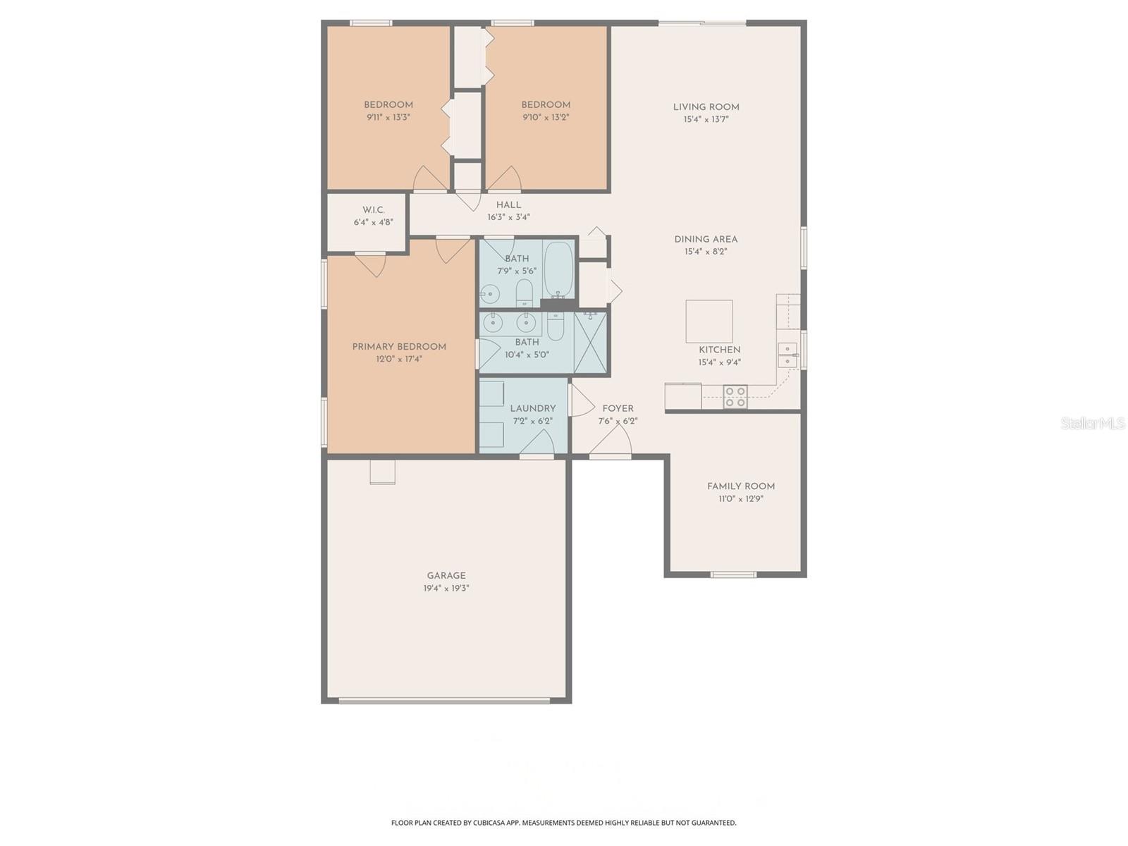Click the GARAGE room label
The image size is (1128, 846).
coord(446,575)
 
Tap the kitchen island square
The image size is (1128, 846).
coord(709,321)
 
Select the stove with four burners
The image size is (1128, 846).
coord(735,397)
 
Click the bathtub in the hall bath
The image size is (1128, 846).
coord(558,270)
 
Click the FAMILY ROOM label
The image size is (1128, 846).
coord(740,486)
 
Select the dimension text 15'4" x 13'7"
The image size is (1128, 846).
coord(705,120)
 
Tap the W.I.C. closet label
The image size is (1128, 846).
coord(373,210)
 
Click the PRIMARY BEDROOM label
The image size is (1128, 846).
coord(399,346)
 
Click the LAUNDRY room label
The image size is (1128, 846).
coord(532,408)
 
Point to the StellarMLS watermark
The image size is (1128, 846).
coord(1092,423)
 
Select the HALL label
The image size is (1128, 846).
coord(508,205)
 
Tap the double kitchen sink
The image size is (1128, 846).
coord(787,355)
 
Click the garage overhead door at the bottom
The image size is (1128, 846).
coord(444,701)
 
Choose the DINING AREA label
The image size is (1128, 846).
coord(705,239)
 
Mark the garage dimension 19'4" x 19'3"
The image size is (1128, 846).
coord(446,588)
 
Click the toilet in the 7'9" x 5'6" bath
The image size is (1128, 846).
coord(524,292)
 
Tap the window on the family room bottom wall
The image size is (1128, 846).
coord(733,575)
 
